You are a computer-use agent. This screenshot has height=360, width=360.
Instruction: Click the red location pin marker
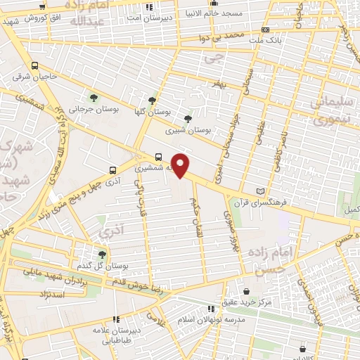click(181, 166)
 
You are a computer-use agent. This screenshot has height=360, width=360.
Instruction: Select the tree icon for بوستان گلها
click(153, 101)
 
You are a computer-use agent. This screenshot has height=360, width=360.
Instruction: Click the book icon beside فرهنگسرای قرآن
click(262, 191)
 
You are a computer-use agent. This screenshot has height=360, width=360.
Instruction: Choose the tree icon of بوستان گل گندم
click(103, 255)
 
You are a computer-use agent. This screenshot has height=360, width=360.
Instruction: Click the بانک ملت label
click(264, 40)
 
